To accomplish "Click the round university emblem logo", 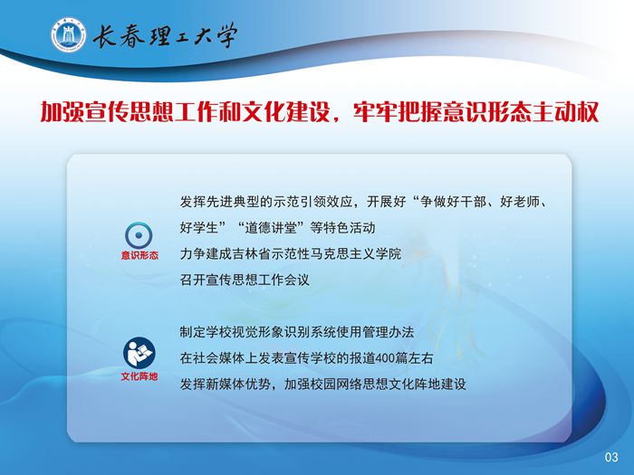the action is [x=68, y=34].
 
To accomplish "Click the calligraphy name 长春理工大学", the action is [x=165, y=35].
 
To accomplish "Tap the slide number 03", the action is [x=611, y=457].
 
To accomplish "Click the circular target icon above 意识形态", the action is [x=139, y=235].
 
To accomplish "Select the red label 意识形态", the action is [x=139, y=255].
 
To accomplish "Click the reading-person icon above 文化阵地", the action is [x=139, y=353].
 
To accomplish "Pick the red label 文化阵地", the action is [x=139, y=376].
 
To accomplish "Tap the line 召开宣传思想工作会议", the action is [x=245, y=280].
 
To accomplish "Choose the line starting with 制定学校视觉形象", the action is [x=297, y=332].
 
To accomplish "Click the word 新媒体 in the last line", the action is [x=226, y=385].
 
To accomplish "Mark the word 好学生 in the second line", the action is [x=199, y=228].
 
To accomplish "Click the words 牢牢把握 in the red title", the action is [x=398, y=111].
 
